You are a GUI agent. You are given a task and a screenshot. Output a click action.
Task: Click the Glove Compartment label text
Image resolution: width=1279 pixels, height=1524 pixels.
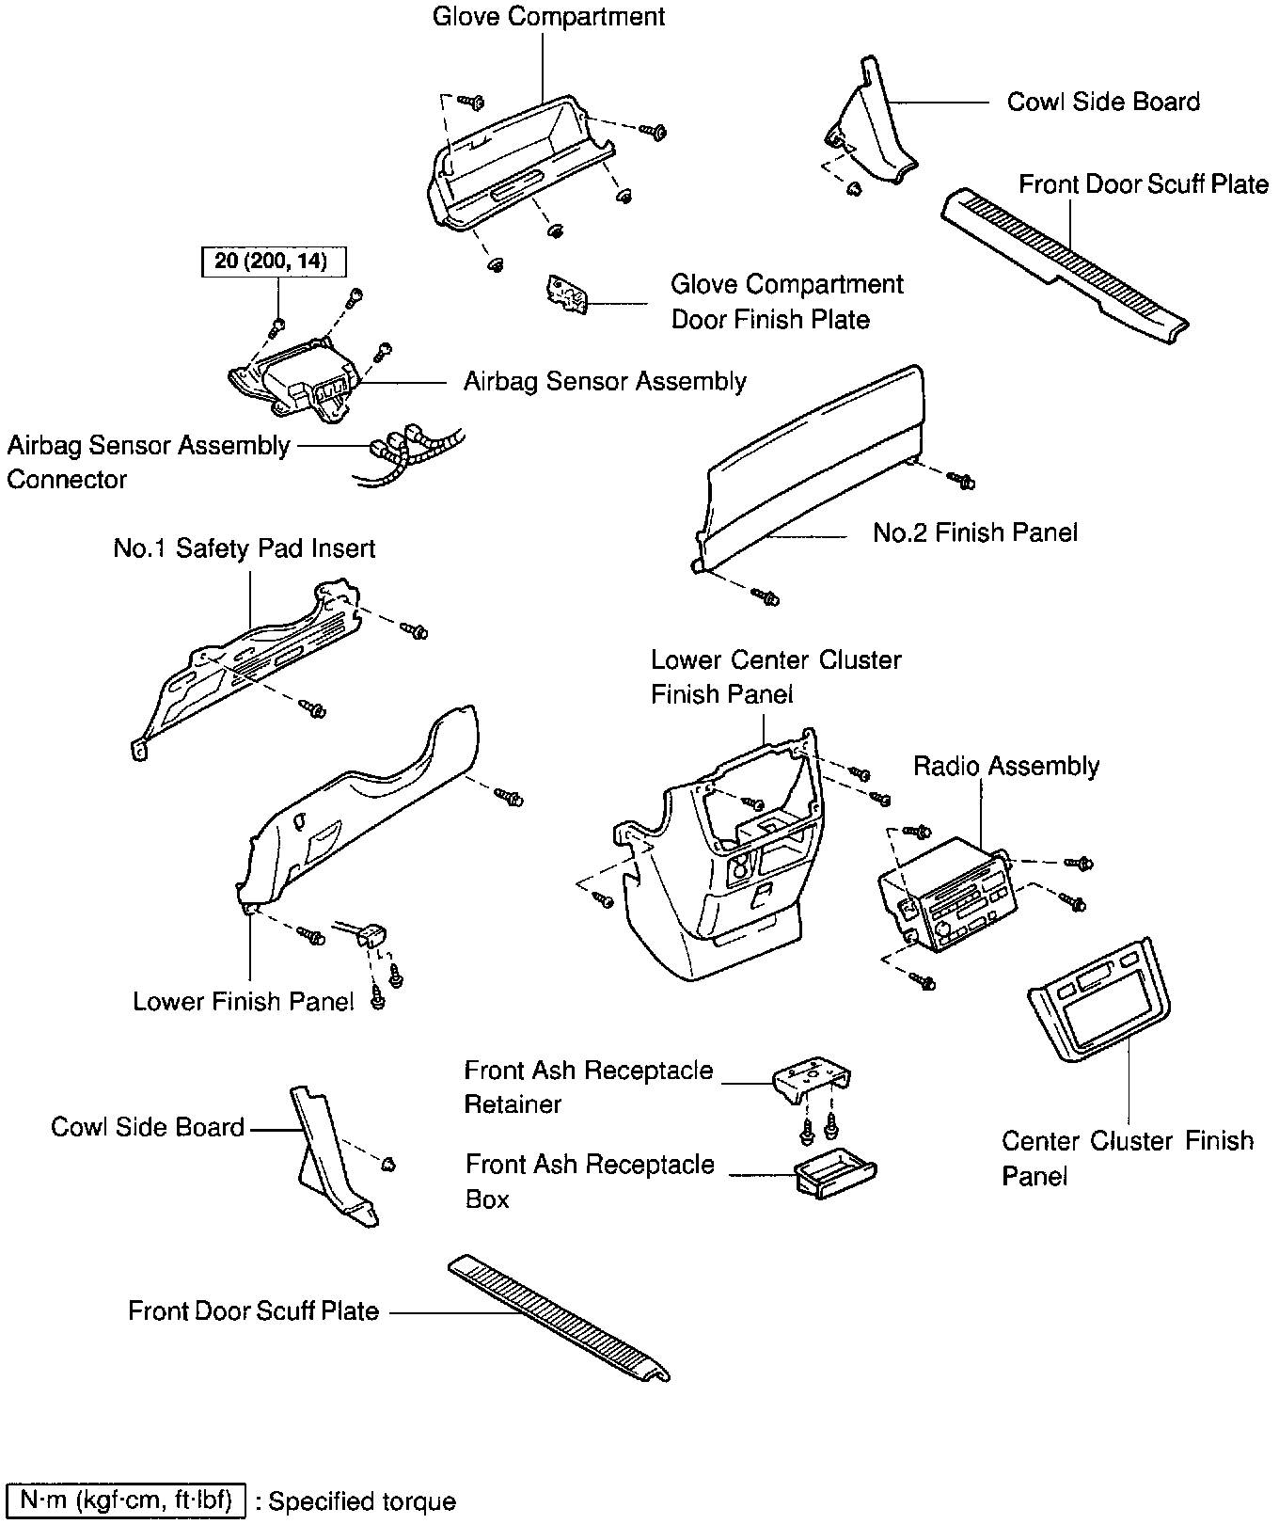pyautogui.click(x=548, y=17)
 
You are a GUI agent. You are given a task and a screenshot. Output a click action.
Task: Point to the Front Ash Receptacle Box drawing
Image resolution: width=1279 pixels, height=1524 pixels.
pyautogui.click(x=835, y=1177)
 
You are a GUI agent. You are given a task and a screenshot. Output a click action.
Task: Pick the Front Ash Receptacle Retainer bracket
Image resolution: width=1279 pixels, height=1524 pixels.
pyautogui.click(x=812, y=1082)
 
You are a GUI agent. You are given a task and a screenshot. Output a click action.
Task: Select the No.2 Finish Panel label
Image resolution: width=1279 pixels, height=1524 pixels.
pyautogui.click(x=974, y=532)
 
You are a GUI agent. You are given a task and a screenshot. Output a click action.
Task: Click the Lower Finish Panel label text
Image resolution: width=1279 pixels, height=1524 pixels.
pyautogui.click(x=243, y=1001)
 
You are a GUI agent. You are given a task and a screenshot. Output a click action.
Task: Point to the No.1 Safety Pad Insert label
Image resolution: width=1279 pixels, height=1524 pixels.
pyautogui.click(x=245, y=548)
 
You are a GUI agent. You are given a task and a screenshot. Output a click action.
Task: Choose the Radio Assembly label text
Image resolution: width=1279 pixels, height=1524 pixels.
pyautogui.click(x=1006, y=766)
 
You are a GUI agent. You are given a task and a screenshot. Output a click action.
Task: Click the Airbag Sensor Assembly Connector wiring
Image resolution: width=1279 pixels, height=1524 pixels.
pyautogui.click(x=409, y=452)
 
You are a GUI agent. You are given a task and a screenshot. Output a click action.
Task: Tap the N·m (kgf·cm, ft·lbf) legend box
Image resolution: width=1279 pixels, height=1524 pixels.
pyautogui.click(x=126, y=1500)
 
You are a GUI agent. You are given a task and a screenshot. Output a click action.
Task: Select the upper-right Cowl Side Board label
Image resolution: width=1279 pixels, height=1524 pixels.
pyautogui.click(x=1103, y=102)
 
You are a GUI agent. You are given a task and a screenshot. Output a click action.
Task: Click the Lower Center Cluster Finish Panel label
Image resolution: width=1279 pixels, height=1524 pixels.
pyautogui.click(x=775, y=676)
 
